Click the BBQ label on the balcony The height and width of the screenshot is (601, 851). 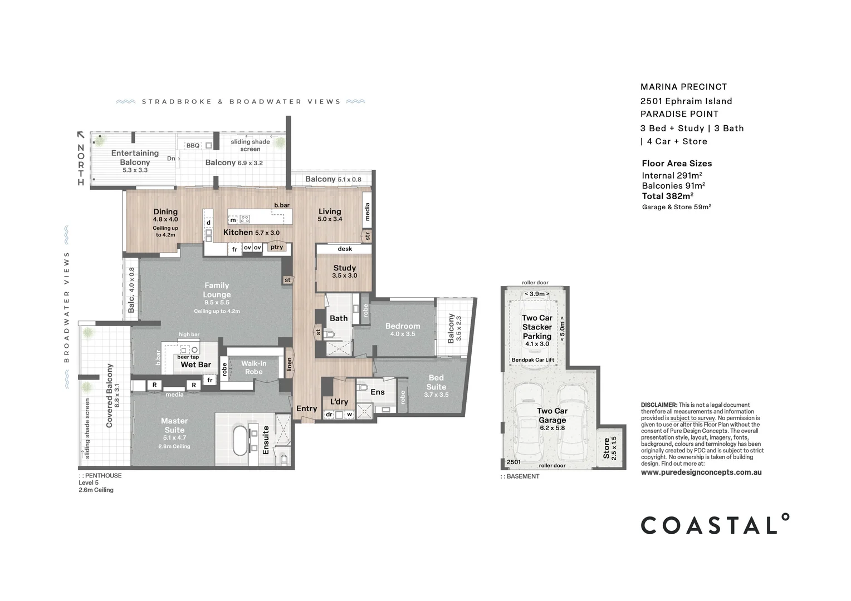(x=193, y=145)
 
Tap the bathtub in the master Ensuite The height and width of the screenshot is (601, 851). (x=239, y=440)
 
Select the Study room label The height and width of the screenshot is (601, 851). (x=345, y=268)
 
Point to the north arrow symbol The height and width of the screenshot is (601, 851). (x=81, y=135)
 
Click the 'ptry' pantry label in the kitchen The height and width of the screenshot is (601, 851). (x=277, y=247)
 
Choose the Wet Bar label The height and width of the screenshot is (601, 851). (x=195, y=364)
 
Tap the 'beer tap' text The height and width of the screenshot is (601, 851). (x=188, y=357)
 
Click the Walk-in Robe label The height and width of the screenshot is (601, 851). (x=254, y=367)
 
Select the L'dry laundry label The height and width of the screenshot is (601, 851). (x=339, y=402)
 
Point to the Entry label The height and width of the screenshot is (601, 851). (x=306, y=408)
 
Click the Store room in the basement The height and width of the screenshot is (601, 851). (x=610, y=448)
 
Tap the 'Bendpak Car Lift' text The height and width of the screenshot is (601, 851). (x=532, y=360)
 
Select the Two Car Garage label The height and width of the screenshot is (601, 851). (x=552, y=415)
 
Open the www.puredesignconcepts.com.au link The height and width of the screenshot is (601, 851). (x=701, y=472)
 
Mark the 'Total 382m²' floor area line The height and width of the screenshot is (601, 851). (x=668, y=196)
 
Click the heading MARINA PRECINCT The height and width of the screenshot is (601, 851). (x=683, y=87)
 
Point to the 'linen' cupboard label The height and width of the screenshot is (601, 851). (x=289, y=364)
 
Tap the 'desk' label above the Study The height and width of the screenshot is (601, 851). (x=345, y=249)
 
